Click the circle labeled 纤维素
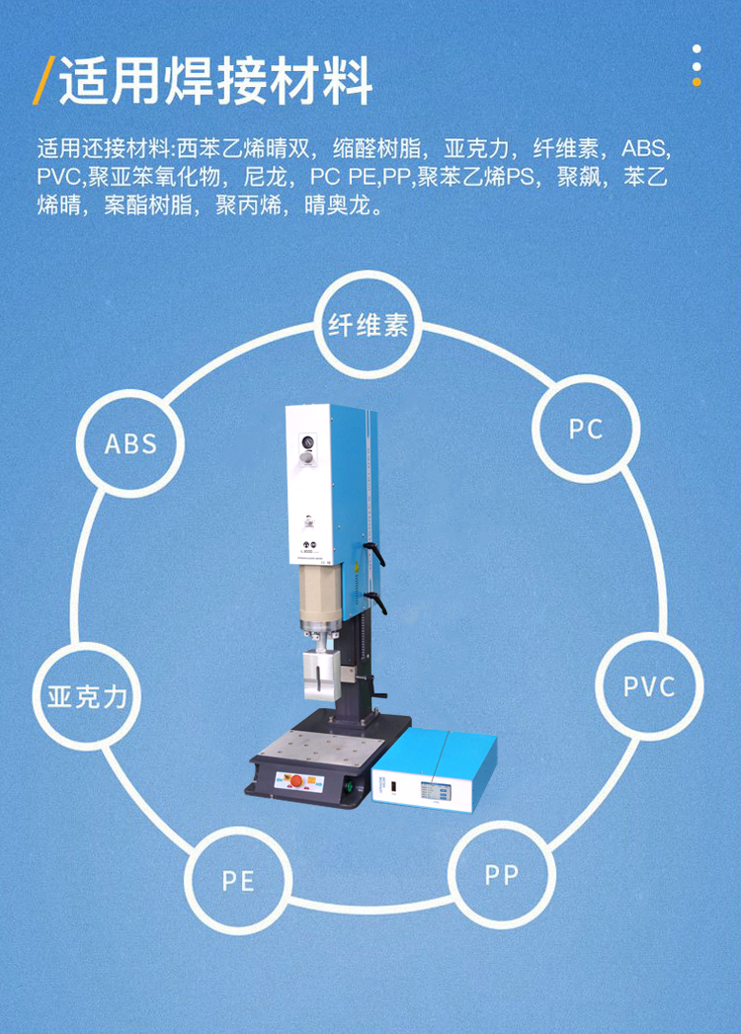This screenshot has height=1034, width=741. pos(369,326)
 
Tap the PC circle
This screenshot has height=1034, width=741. pos(586,429)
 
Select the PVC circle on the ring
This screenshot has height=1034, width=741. pos(649,686)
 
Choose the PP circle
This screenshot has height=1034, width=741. pos(501,874)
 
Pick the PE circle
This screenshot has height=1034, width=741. pos(238,880)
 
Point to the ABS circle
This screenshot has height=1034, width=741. pos(131,443)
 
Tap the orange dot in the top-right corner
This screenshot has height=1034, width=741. pos(697,81)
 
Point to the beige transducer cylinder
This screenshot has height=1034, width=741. pos(319,601)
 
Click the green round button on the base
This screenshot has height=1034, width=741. pos(349,787)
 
